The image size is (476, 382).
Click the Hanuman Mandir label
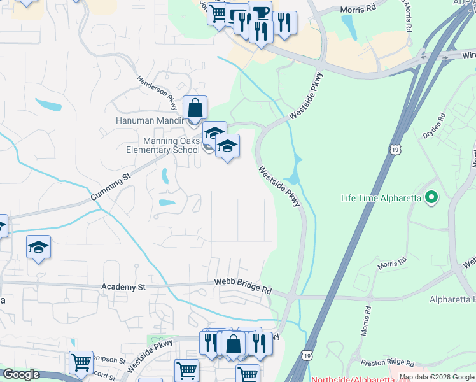coord(149,120)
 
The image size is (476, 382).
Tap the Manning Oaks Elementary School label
coord(163,146)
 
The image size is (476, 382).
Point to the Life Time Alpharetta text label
coord(381,198)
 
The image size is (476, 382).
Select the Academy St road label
coord(123,288)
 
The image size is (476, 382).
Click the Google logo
coord(20,375)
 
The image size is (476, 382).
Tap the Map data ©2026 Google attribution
coord(437,378)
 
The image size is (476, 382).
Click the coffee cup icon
coord(260,11)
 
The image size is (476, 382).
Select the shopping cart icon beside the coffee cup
coord(219,13)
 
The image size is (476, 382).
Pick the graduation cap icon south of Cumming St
coord(39,247)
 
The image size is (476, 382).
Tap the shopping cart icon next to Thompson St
coord(81,362)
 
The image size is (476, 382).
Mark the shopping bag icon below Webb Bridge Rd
coord(234,343)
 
